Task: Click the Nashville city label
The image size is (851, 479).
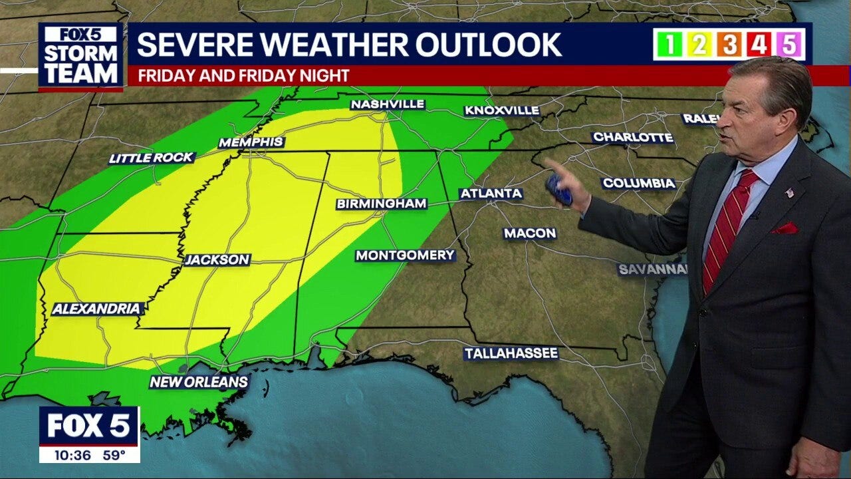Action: coord(387,104)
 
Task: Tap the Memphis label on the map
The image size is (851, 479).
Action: coord(251,142)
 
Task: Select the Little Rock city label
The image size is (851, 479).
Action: coord(152,158)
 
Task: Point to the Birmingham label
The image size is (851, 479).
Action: coord(381,204)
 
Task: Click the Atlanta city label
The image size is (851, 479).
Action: coord(491,194)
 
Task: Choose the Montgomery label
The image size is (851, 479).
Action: coord(405,255)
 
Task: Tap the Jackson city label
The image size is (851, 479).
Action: coord(217,259)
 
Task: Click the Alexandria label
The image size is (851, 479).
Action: coord(97,309)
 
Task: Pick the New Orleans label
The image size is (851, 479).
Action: coord(199,382)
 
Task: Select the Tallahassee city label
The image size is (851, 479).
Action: coord(511,353)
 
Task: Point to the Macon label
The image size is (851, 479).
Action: coord(530,233)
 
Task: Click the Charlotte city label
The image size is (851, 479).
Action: coord(633,137)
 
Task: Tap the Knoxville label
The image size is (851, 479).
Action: coord(501,110)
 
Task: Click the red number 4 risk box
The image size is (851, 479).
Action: coord(759,45)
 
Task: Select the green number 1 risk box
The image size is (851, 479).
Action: coord(669,45)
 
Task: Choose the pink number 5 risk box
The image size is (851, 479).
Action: coord(789,45)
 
